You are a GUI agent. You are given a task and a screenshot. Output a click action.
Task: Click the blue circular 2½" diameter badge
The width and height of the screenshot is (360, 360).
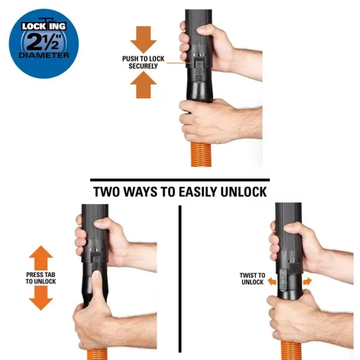point(44,44)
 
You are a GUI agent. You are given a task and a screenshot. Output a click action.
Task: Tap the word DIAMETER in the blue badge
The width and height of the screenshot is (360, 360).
point(44,56)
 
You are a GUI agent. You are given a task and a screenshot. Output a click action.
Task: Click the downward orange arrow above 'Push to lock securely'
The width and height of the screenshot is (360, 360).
point(143,40)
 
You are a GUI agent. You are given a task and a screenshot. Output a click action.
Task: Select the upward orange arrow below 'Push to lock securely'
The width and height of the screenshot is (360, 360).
point(143,85)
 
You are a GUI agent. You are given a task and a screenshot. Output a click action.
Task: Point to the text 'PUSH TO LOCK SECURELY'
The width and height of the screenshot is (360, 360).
point(143,62)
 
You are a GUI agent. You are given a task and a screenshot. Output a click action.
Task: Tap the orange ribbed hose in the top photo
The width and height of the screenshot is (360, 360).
point(200,154)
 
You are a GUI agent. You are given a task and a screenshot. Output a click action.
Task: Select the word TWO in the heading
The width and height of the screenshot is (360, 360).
point(107,192)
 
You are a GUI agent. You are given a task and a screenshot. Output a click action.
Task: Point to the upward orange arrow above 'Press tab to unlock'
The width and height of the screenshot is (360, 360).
point(41,258)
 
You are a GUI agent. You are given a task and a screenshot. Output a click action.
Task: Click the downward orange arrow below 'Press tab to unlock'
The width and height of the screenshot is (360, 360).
point(41,299)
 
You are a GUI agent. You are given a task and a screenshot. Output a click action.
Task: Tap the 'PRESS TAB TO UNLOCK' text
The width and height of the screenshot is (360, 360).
point(41,278)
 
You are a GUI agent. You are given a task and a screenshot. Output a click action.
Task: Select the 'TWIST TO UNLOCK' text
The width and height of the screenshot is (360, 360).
point(252,279)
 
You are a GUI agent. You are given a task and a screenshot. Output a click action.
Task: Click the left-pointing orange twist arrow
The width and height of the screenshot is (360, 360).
point(272,282)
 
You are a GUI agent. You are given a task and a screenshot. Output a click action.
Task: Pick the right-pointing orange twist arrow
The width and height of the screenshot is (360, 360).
point(307,282)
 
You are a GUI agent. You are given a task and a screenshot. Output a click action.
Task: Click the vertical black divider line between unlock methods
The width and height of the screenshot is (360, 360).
point(180,279)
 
